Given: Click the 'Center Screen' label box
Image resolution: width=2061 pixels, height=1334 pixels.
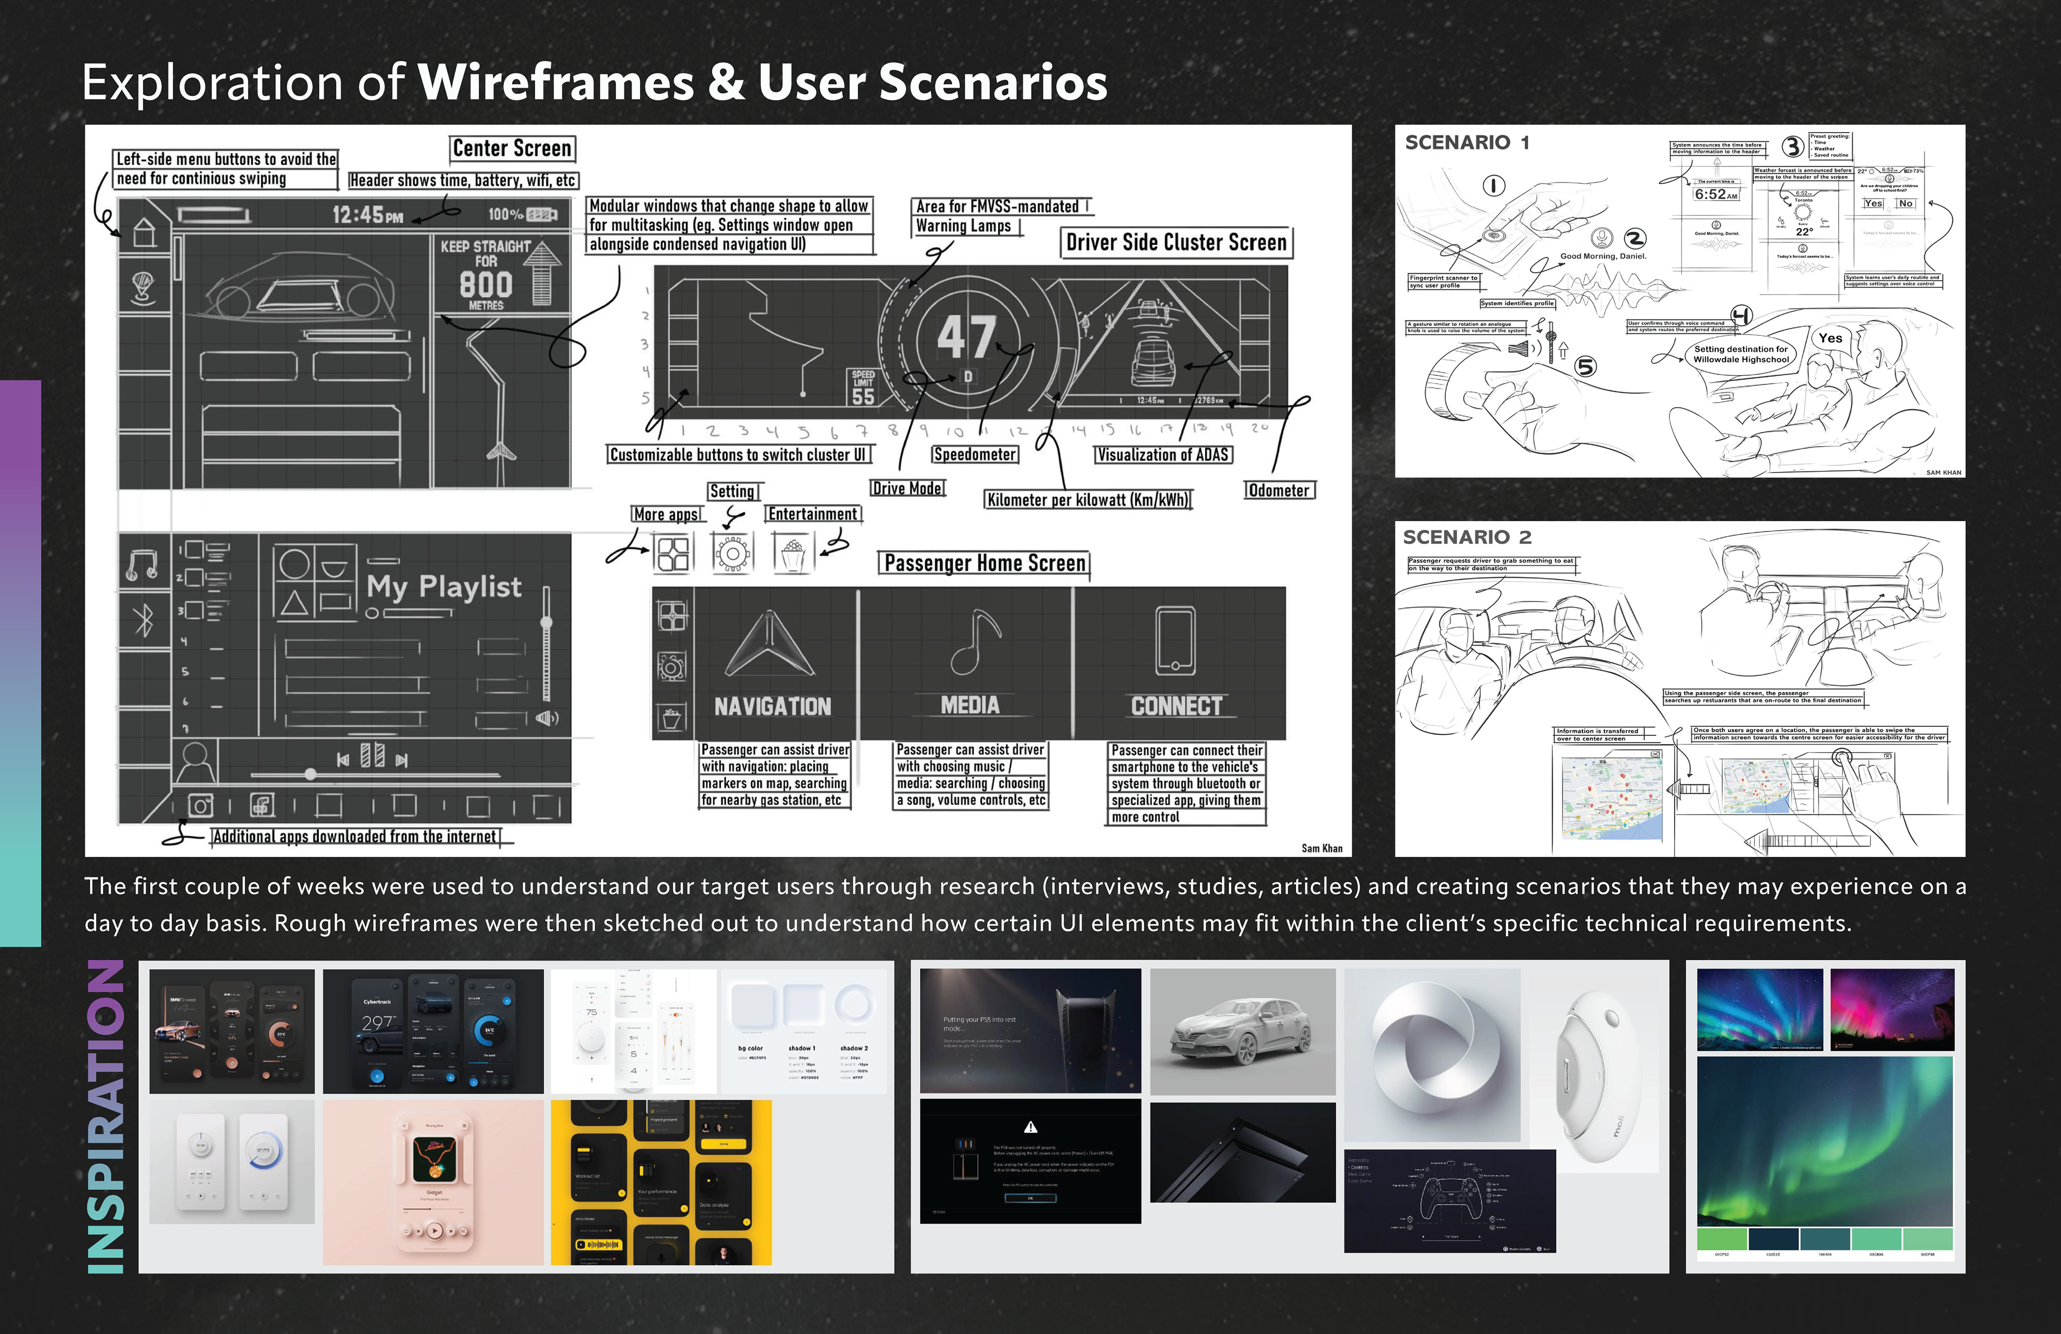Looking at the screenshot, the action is click(512, 149).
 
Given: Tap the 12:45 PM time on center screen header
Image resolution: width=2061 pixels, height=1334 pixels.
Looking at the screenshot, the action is click(368, 215).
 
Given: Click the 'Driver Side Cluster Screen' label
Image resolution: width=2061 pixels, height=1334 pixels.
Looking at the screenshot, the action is click(1176, 243).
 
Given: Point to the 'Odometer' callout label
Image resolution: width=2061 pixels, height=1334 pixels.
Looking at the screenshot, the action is click(1279, 490).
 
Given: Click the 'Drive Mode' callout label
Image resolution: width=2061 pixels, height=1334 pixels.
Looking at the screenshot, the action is click(908, 489).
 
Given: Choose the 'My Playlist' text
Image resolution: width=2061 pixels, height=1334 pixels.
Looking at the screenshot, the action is click(443, 587).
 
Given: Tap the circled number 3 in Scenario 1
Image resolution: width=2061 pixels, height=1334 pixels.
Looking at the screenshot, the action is click(1792, 147).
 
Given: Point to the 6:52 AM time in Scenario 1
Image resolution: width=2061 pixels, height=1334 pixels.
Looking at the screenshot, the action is click(1715, 195).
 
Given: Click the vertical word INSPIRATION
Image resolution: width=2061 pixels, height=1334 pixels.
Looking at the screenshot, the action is click(106, 1118).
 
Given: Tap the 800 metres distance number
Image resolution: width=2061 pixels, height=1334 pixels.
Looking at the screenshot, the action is click(486, 284).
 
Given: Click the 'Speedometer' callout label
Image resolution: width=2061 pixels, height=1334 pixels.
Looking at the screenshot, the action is click(974, 455).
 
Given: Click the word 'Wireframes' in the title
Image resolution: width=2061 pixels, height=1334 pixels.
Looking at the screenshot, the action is click(556, 83).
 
